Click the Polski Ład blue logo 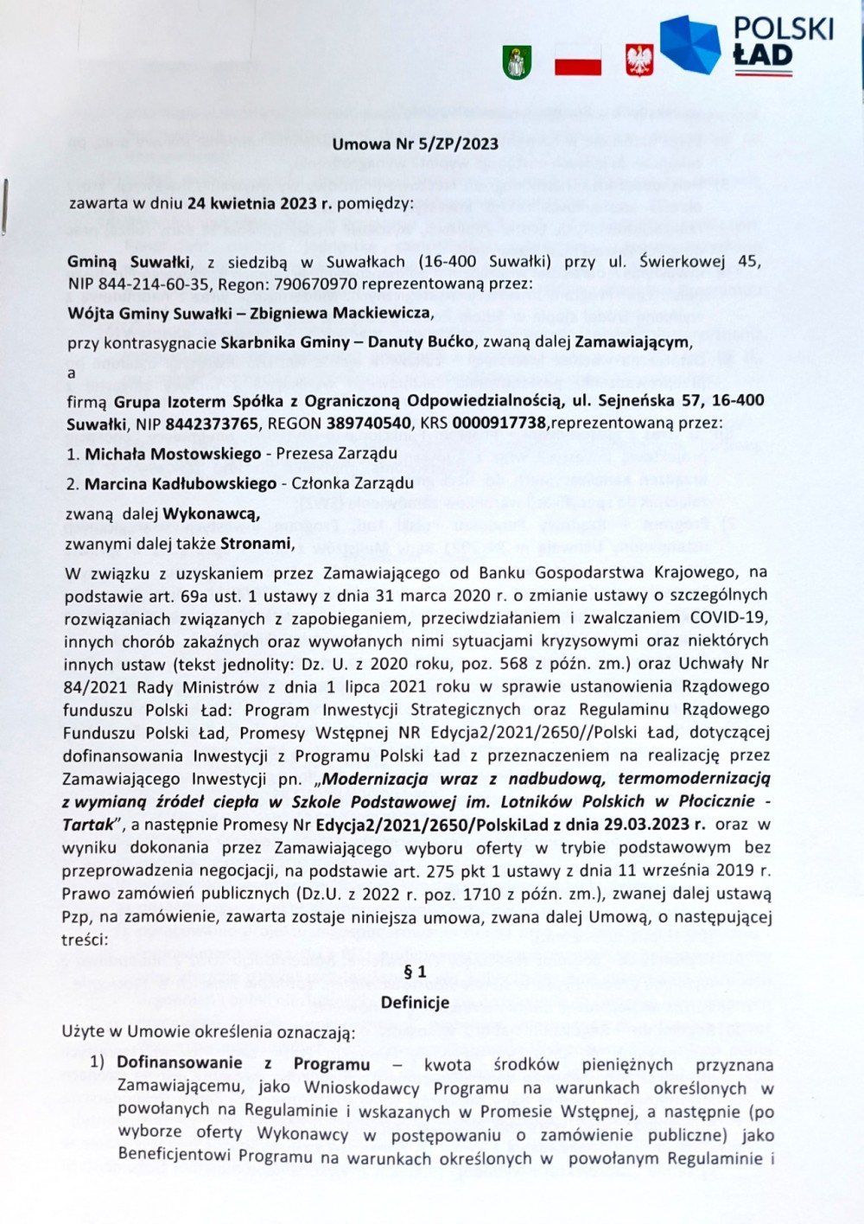tap(689, 44)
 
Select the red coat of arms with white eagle tap(638, 61)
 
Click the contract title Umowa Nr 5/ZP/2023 tap(415, 144)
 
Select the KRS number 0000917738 tap(500, 424)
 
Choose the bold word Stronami tap(256, 544)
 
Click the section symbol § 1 tap(415, 972)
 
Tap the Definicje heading tap(415, 1002)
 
